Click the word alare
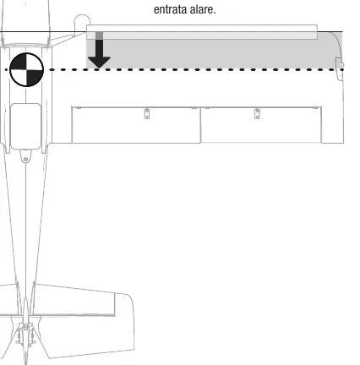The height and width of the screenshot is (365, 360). (x=203, y=9)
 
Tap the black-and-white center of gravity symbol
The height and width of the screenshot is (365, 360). (x=26, y=69)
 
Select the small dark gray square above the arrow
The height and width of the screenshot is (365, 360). (x=99, y=35)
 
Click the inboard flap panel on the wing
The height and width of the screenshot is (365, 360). (x=136, y=125)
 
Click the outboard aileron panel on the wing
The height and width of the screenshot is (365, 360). (x=261, y=125)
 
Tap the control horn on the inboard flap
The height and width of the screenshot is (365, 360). (x=147, y=113)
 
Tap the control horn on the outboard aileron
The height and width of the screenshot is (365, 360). (x=257, y=113)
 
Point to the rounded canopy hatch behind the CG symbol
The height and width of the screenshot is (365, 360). (x=25, y=126)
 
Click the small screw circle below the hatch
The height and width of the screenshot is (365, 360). (x=25, y=160)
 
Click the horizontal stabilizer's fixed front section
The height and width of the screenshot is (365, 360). (x=74, y=300)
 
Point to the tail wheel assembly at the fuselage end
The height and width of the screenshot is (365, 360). (x=25, y=338)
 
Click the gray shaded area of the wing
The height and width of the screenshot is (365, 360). (x=214, y=53)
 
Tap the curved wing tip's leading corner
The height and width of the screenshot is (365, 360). (x=336, y=36)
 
